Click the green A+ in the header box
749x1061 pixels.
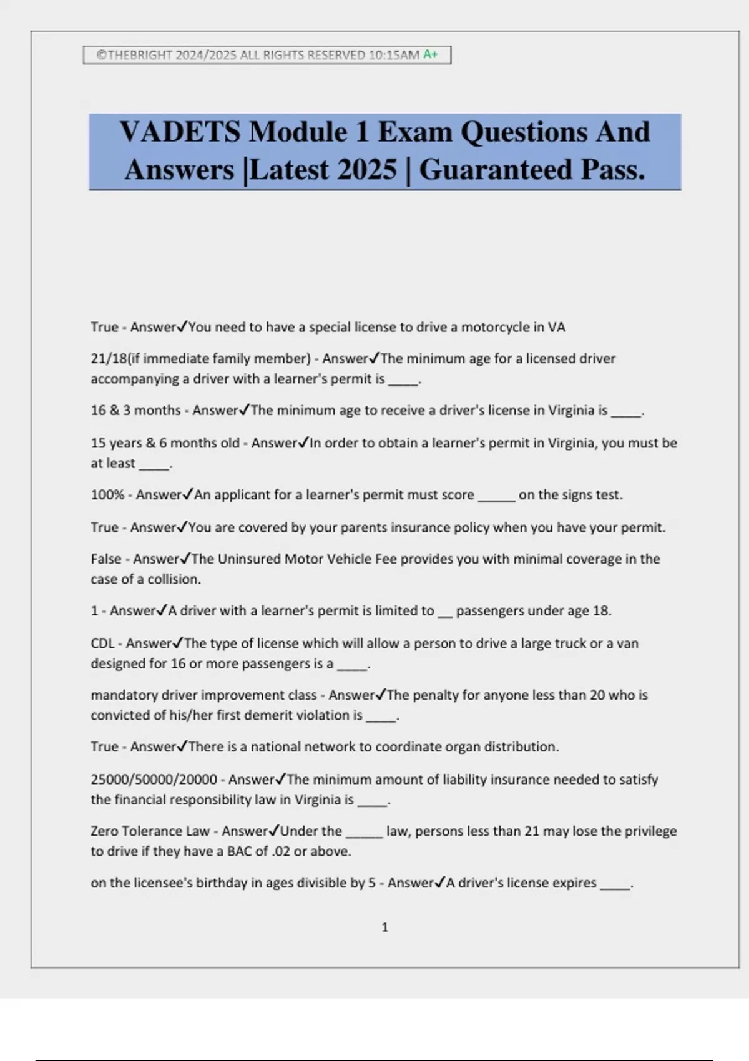point(431,55)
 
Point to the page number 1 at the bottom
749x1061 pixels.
point(384,927)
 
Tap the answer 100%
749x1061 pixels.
point(107,495)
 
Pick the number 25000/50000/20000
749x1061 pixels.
point(154,780)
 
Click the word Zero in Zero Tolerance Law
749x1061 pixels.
point(104,831)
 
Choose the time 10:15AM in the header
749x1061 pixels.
point(394,55)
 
